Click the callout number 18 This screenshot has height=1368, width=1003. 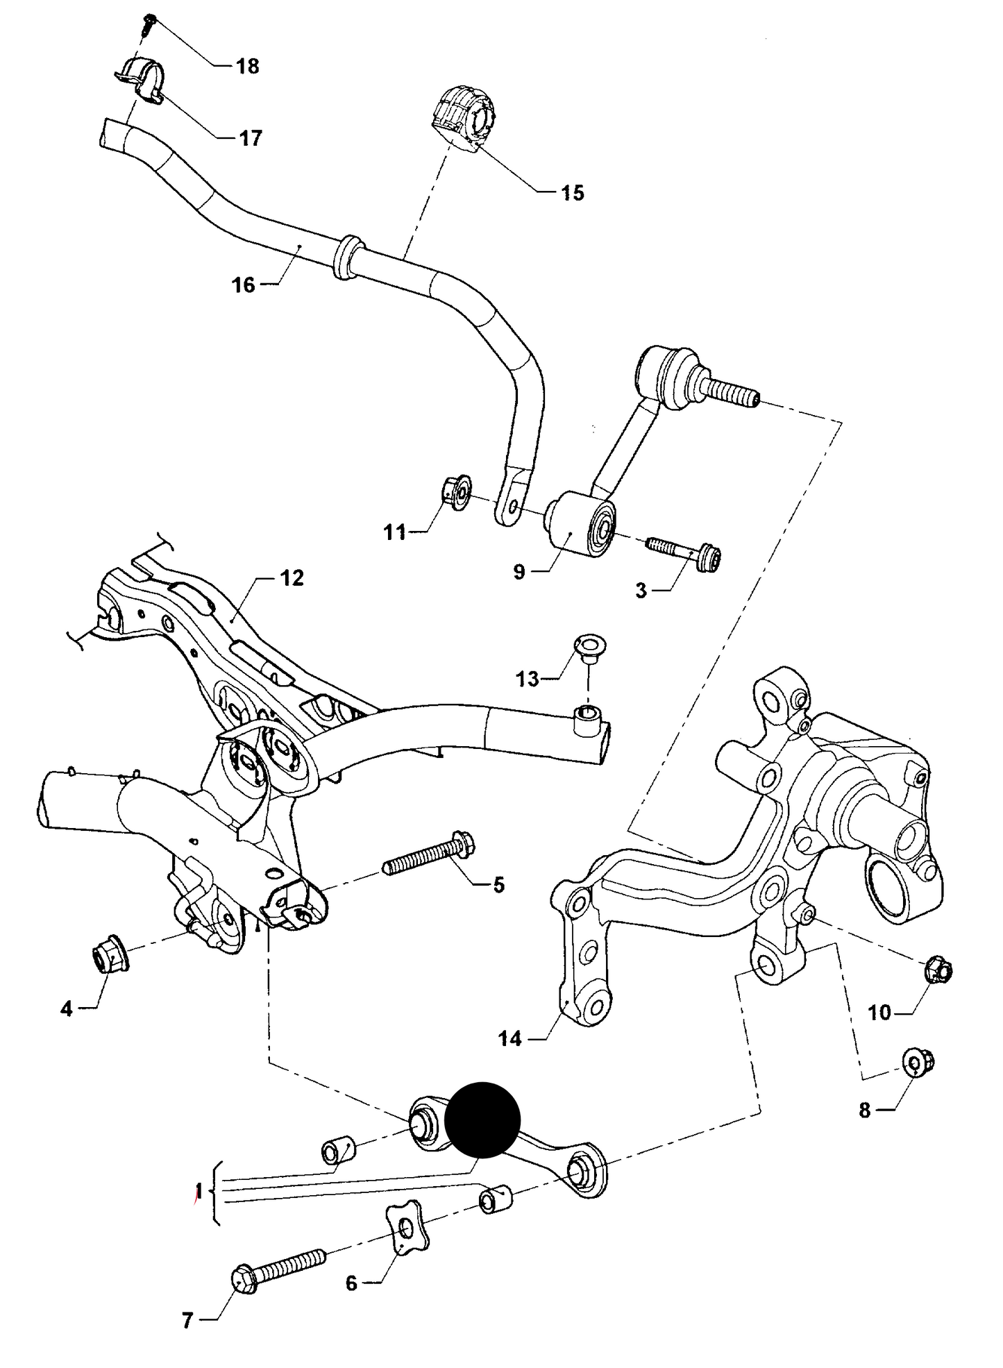[247, 67]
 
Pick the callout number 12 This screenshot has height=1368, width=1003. [292, 577]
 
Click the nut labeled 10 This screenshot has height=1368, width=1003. [940, 969]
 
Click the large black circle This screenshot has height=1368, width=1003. [482, 1120]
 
